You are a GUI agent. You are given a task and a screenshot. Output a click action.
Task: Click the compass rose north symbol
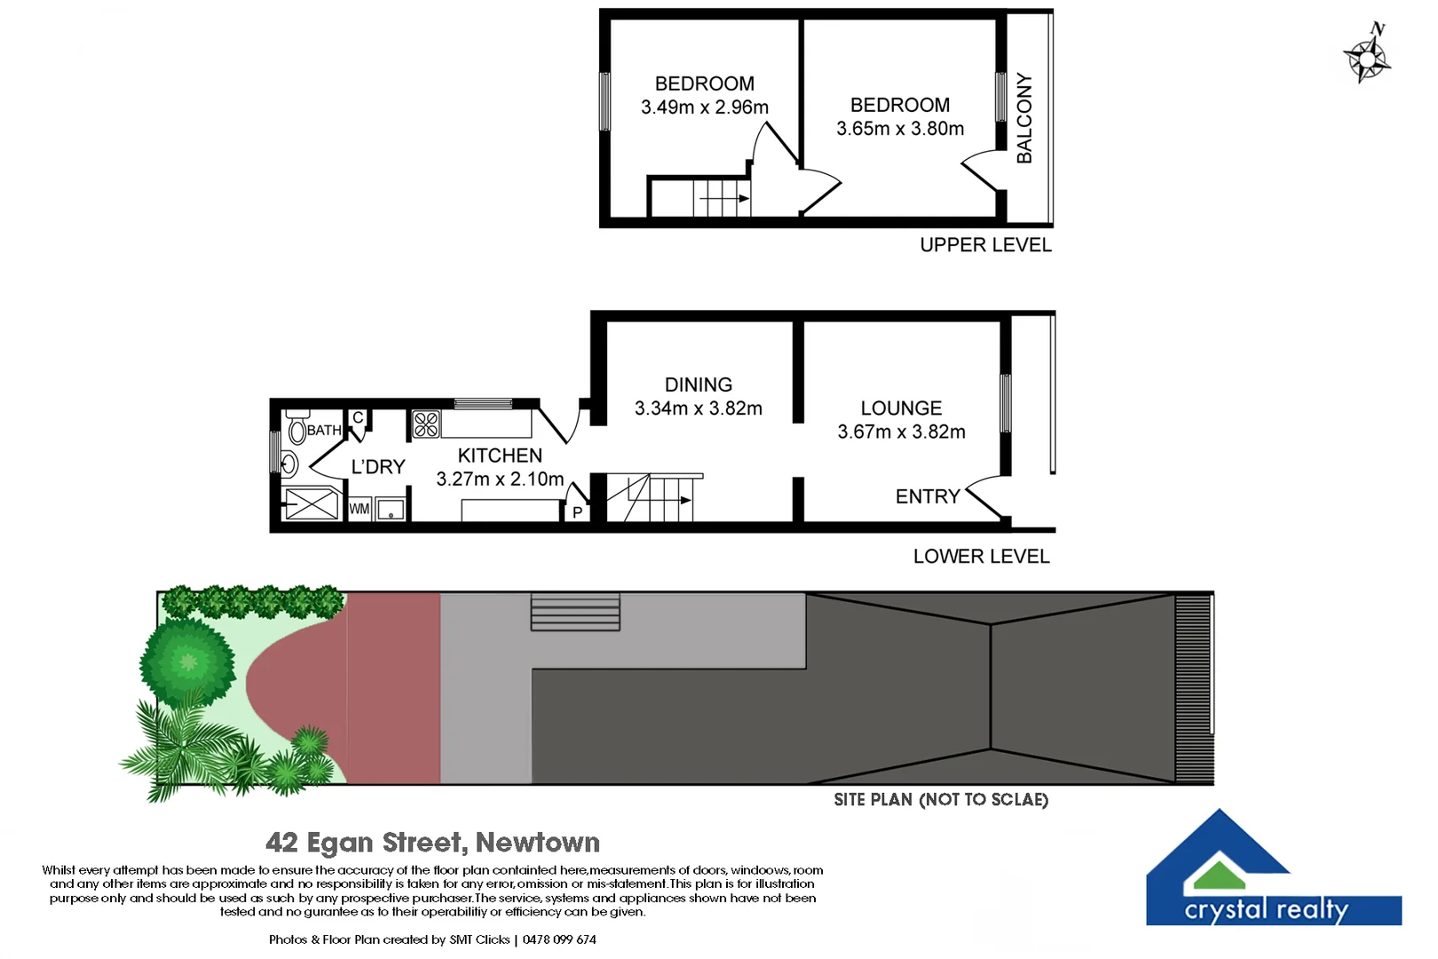1367,57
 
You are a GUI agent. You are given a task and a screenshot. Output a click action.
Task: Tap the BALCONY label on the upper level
1024,118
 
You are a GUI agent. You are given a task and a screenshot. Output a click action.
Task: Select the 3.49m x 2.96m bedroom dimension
705,107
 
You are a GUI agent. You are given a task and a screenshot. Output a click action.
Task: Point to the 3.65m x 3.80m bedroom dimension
900,129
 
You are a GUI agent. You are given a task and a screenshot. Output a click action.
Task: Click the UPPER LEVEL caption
985,245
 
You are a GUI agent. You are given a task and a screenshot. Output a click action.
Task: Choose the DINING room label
699,384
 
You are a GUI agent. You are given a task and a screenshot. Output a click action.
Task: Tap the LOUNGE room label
901,408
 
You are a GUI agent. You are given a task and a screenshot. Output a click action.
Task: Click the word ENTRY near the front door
928,496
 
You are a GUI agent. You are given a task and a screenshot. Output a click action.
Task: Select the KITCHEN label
500,456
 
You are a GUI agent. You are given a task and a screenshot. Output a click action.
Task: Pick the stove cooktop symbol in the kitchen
426,424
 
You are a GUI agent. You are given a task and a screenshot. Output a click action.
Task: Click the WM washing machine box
359,509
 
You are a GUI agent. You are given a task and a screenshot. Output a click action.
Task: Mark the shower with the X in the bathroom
311,504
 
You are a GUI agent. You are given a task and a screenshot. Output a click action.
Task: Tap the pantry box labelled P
577,512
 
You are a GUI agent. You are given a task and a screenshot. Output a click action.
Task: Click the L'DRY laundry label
378,467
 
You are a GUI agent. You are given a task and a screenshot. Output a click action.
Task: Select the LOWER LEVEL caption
981,557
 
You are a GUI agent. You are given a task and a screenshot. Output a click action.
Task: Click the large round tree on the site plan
187,662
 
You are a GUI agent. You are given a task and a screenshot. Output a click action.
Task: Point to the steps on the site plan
575,612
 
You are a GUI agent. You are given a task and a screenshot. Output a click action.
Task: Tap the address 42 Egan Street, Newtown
432,842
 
